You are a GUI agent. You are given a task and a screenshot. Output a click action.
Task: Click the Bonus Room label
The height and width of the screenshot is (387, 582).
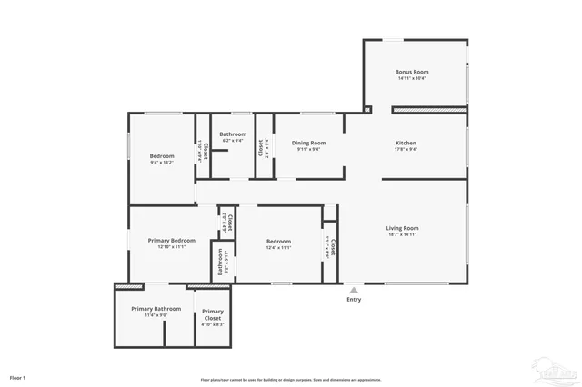tap(411, 72)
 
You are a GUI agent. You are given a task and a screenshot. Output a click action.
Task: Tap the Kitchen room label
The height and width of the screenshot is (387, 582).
tap(406, 143)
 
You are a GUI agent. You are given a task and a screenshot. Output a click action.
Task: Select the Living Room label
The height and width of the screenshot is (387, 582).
tap(402, 228)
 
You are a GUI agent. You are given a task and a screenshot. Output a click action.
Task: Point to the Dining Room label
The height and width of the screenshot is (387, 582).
tap(308, 143)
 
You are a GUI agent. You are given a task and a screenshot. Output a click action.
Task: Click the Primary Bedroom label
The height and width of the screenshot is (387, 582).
tap(171, 240)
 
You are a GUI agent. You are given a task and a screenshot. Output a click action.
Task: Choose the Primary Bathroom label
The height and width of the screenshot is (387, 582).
tap(156, 309)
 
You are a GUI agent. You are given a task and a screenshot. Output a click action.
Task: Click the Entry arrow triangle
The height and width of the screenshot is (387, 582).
tap(354, 290)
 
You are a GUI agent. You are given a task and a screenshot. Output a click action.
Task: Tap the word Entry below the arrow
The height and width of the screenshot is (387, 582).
tap(354, 300)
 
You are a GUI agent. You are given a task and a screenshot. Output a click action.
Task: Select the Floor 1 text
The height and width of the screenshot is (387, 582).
tap(18, 376)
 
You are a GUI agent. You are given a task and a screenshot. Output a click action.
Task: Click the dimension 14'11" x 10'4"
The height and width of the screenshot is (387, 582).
tap(411, 78)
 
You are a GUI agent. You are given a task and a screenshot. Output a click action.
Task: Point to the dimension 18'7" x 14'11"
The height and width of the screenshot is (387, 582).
tap(402, 234)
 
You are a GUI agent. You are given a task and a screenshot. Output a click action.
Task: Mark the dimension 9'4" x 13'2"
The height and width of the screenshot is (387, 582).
tap(162, 163)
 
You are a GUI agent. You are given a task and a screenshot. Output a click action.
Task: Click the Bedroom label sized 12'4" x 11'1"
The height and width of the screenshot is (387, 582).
tap(277, 241)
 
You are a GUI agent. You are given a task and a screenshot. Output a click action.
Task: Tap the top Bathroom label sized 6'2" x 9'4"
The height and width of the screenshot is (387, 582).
tap(232, 134)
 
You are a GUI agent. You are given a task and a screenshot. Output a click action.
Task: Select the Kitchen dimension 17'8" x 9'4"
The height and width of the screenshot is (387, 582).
tap(406, 149)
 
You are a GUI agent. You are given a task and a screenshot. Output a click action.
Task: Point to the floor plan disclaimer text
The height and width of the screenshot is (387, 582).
tap(291, 380)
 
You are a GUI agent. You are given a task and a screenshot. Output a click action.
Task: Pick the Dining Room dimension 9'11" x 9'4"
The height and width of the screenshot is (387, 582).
tap(308, 149)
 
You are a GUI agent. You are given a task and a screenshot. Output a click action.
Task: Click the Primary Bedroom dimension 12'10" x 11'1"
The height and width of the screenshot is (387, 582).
tap(171, 246)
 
